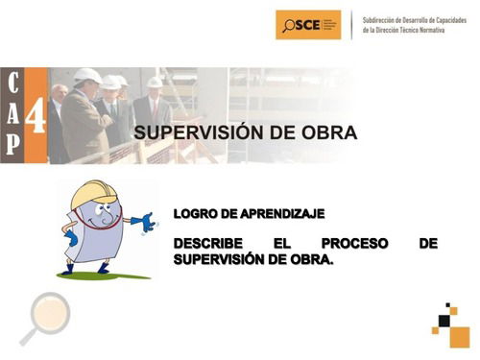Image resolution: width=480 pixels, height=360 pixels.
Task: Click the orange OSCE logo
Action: (307, 24)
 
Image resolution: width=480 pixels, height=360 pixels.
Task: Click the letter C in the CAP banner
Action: (12, 83)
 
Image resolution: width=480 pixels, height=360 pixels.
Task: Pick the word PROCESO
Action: (355, 244)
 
